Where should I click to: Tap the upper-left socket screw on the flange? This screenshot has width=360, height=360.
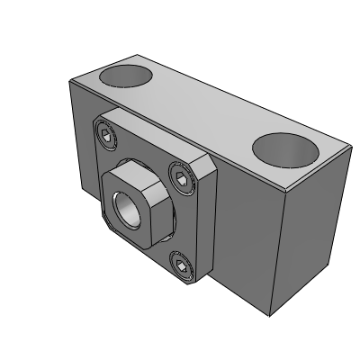pos(106,138)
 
